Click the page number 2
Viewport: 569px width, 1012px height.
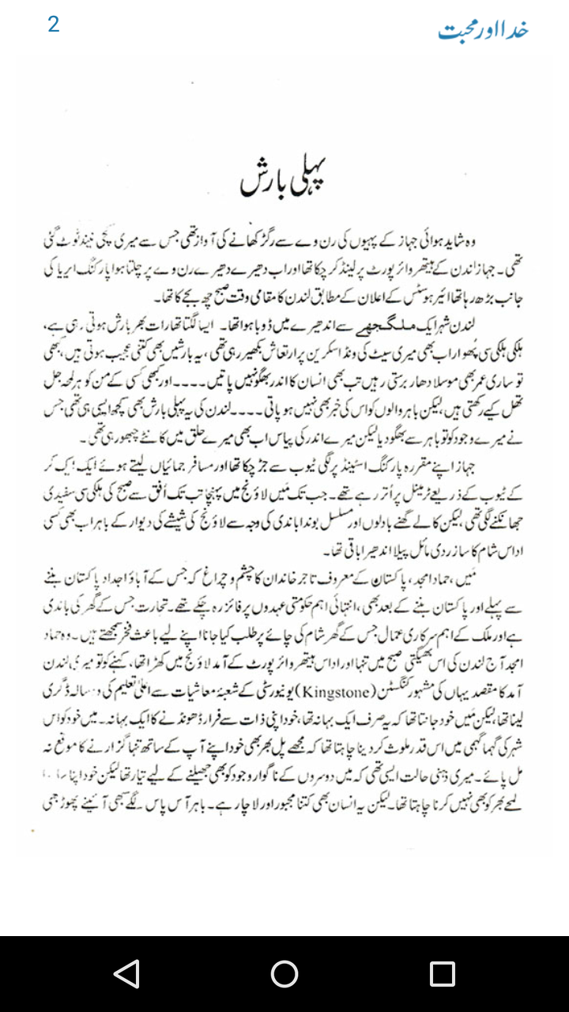53,25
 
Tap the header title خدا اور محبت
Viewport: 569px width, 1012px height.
483,31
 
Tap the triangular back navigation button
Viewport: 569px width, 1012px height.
126,973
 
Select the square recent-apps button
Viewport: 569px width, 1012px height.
442,973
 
